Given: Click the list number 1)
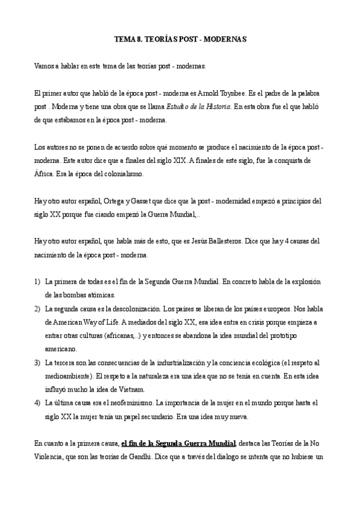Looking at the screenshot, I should click(x=38, y=281).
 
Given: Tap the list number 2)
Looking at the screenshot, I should click(x=38, y=308).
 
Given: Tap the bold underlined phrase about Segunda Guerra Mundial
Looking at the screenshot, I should click(x=178, y=443).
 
